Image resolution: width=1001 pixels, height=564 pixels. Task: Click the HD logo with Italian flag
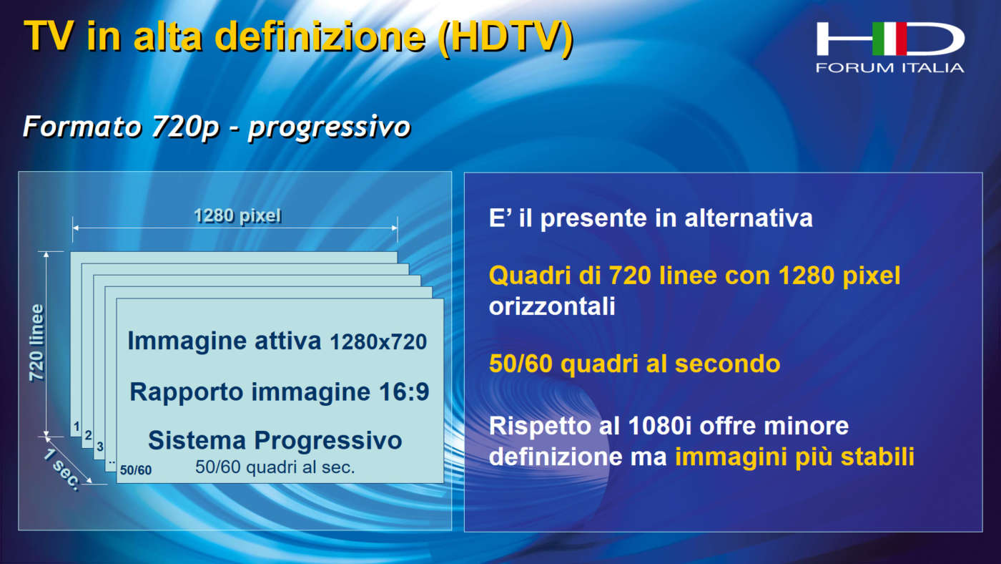coord(889,39)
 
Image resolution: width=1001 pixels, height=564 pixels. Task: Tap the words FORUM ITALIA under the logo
coord(889,68)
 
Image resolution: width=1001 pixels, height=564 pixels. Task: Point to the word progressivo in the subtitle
coord(329,127)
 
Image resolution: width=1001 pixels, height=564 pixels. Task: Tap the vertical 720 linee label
coord(36,343)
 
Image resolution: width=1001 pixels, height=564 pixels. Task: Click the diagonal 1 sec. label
coord(62,470)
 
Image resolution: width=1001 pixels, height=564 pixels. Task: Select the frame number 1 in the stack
coord(77,427)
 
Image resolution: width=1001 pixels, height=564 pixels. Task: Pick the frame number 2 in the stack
coord(88,435)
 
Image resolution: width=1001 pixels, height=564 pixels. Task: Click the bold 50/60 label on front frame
coord(136,470)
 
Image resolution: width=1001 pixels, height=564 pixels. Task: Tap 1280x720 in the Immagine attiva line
coord(378,342)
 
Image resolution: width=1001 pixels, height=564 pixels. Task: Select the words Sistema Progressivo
coord(275,440)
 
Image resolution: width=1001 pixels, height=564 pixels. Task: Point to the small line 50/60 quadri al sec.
coord(275,467)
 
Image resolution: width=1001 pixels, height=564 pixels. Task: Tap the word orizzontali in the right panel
coord(552,306)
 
